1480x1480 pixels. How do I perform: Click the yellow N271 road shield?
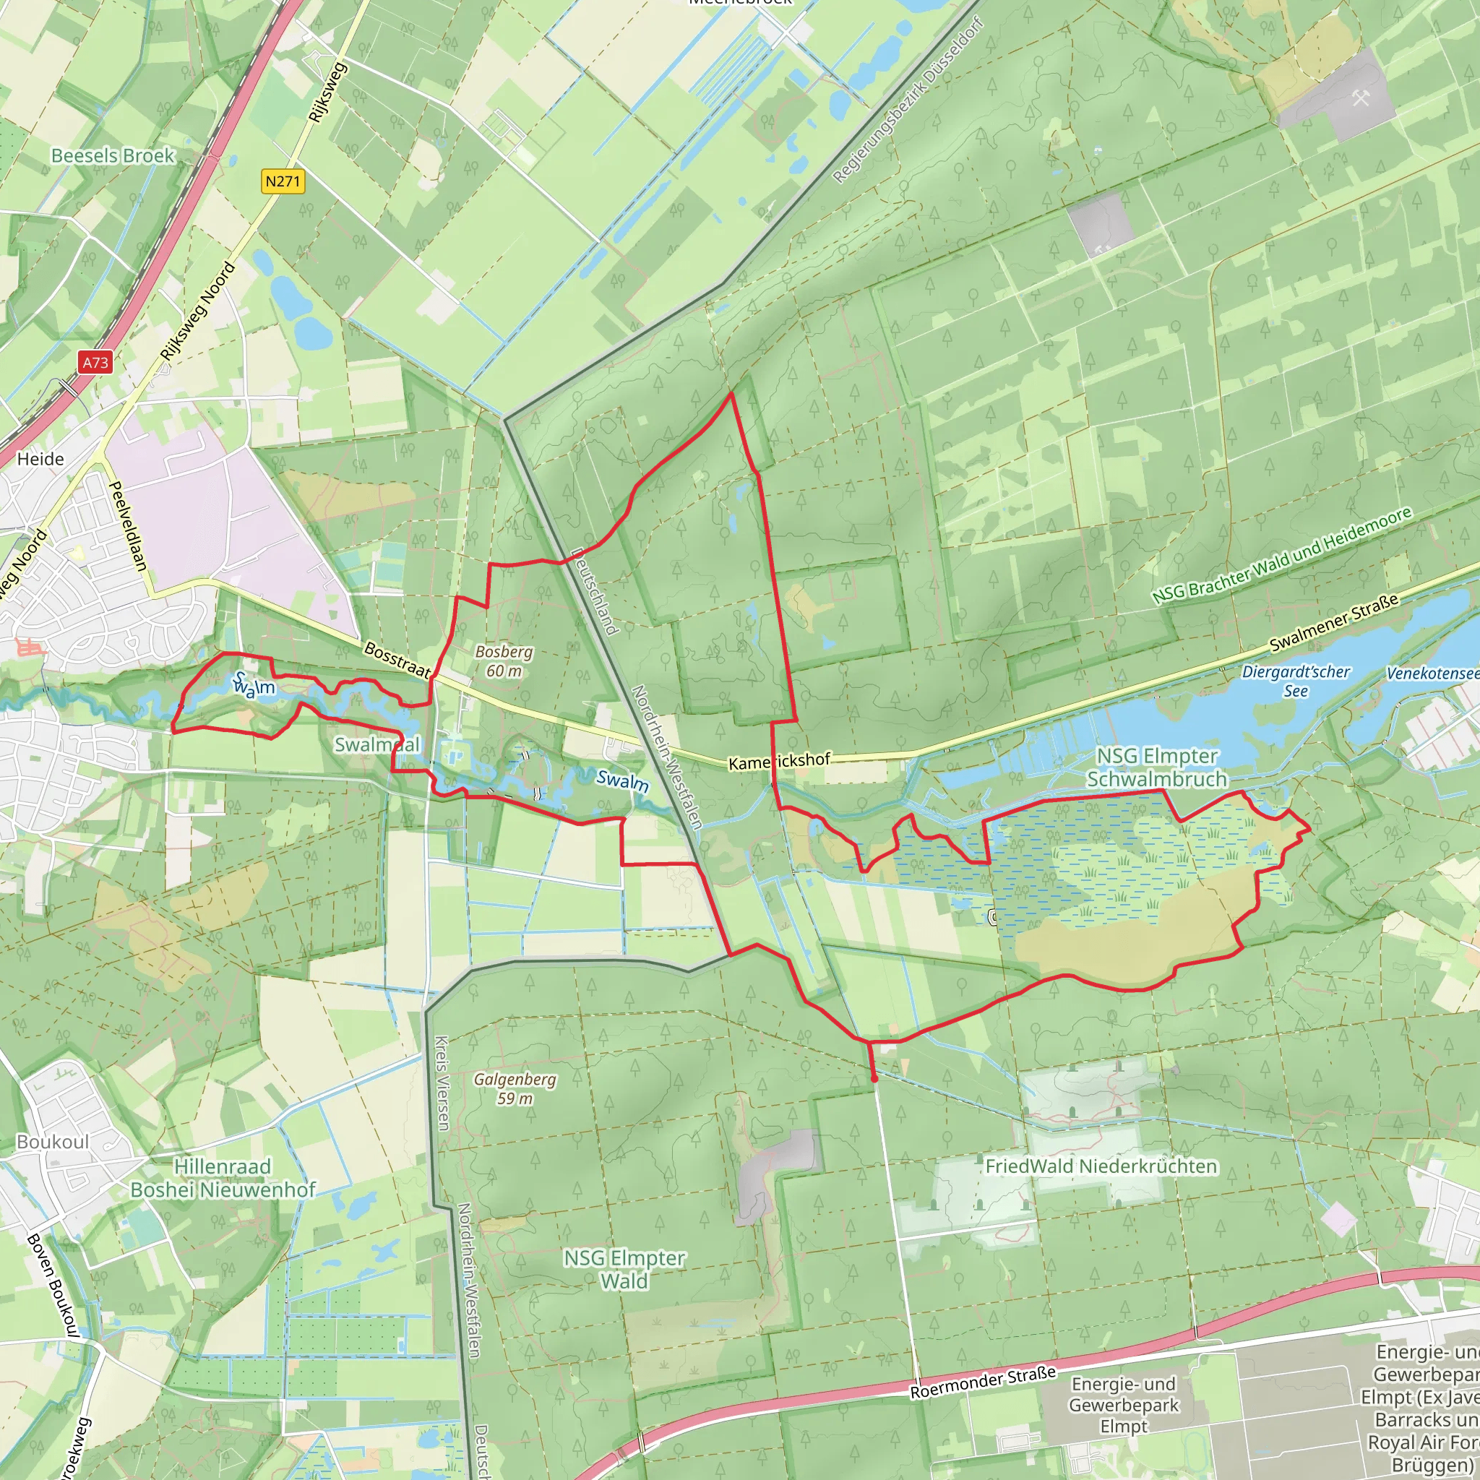283,181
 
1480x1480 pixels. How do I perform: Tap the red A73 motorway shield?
96,362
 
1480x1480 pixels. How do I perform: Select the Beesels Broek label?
113,155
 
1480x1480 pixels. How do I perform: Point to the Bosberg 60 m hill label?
503,661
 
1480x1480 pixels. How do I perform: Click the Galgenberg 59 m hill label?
515,1088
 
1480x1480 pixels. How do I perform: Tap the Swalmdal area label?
377,744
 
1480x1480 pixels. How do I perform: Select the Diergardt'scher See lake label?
1296,681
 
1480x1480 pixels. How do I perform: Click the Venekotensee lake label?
1432,674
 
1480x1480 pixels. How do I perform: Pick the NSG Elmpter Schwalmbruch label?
1157,767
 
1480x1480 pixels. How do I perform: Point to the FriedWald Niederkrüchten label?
1101,1166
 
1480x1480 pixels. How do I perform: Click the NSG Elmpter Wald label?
624,1269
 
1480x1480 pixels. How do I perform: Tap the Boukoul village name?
53,1143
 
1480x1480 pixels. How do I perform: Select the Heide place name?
40,459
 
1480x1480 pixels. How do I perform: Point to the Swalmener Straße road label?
1334,623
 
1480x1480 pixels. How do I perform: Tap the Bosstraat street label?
397,661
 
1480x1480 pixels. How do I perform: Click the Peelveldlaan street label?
128,526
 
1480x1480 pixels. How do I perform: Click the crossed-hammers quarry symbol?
1361,98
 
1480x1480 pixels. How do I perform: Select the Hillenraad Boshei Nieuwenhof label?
222,1178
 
